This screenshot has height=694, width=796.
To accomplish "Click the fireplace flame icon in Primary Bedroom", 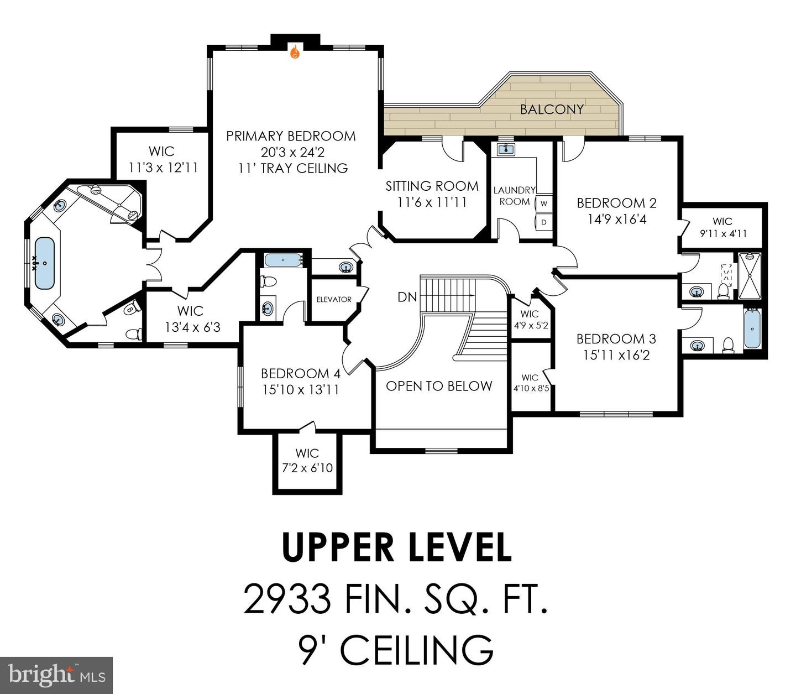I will (295, 52).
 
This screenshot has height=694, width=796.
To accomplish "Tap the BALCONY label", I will (551, 109).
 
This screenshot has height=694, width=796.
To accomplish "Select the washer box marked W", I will (544, 203).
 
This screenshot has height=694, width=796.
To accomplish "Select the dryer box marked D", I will (544, 222).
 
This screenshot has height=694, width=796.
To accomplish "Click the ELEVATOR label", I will (334, 299).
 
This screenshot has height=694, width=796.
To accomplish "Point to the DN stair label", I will (407, 297).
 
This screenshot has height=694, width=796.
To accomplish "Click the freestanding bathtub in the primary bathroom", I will (45, 263).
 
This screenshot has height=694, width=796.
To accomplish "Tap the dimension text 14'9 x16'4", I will (617, 219).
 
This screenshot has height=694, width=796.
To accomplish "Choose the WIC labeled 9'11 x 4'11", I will (722, 227).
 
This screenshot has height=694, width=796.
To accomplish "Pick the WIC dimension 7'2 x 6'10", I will (307, 468).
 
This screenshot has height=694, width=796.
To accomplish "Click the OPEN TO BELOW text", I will (439, 386).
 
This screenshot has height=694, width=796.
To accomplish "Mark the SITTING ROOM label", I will (432, 186).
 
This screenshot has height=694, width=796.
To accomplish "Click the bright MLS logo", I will (56, 675).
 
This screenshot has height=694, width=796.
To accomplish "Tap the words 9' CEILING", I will (396, 650).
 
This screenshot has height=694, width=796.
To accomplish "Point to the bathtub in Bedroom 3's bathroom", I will (752, 329).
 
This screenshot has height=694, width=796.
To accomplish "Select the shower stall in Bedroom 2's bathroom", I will (750, 276).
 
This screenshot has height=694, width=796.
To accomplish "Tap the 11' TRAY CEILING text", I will (293, 168).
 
